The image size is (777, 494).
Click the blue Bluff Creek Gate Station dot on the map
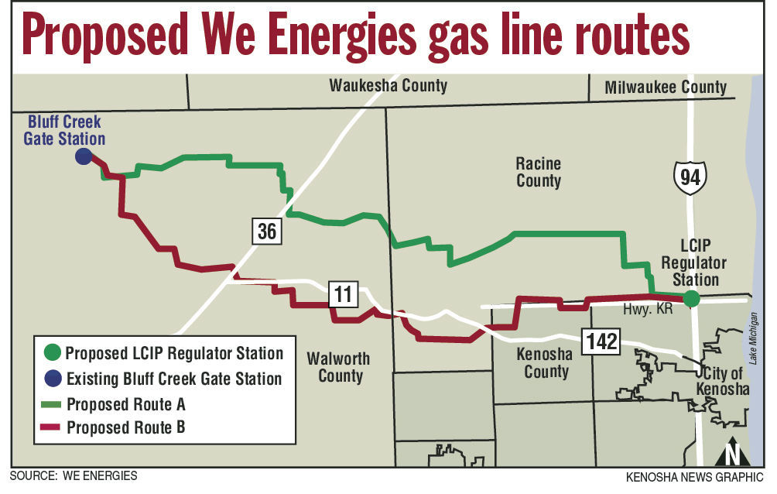(83, 156)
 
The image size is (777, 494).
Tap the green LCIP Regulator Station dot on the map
(691, 298)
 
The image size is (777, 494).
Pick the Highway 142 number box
(601, 341)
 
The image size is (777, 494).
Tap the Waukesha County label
(388, 85)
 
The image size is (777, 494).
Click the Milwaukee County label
(666, 87)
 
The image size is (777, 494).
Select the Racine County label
(539, 172)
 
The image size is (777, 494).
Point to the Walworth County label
(339, 367)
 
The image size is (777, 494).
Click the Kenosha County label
(546, 362)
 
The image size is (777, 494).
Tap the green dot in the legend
(51, 353)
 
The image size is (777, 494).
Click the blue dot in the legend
(51, 379)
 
